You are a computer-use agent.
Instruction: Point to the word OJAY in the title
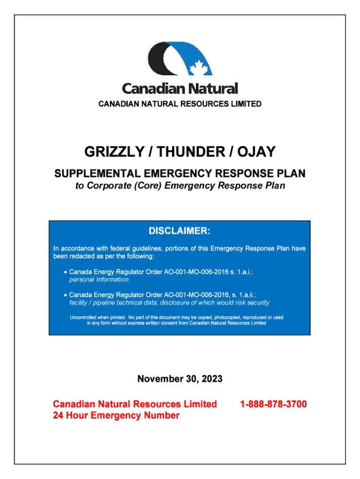256,152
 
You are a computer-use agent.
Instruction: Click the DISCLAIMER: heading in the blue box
180,231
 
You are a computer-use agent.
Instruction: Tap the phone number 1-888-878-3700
274,404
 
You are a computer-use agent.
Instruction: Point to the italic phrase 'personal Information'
99,280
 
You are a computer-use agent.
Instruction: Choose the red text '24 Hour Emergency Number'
116,415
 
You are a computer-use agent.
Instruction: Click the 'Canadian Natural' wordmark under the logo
180,88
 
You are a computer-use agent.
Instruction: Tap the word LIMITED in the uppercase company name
245,104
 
